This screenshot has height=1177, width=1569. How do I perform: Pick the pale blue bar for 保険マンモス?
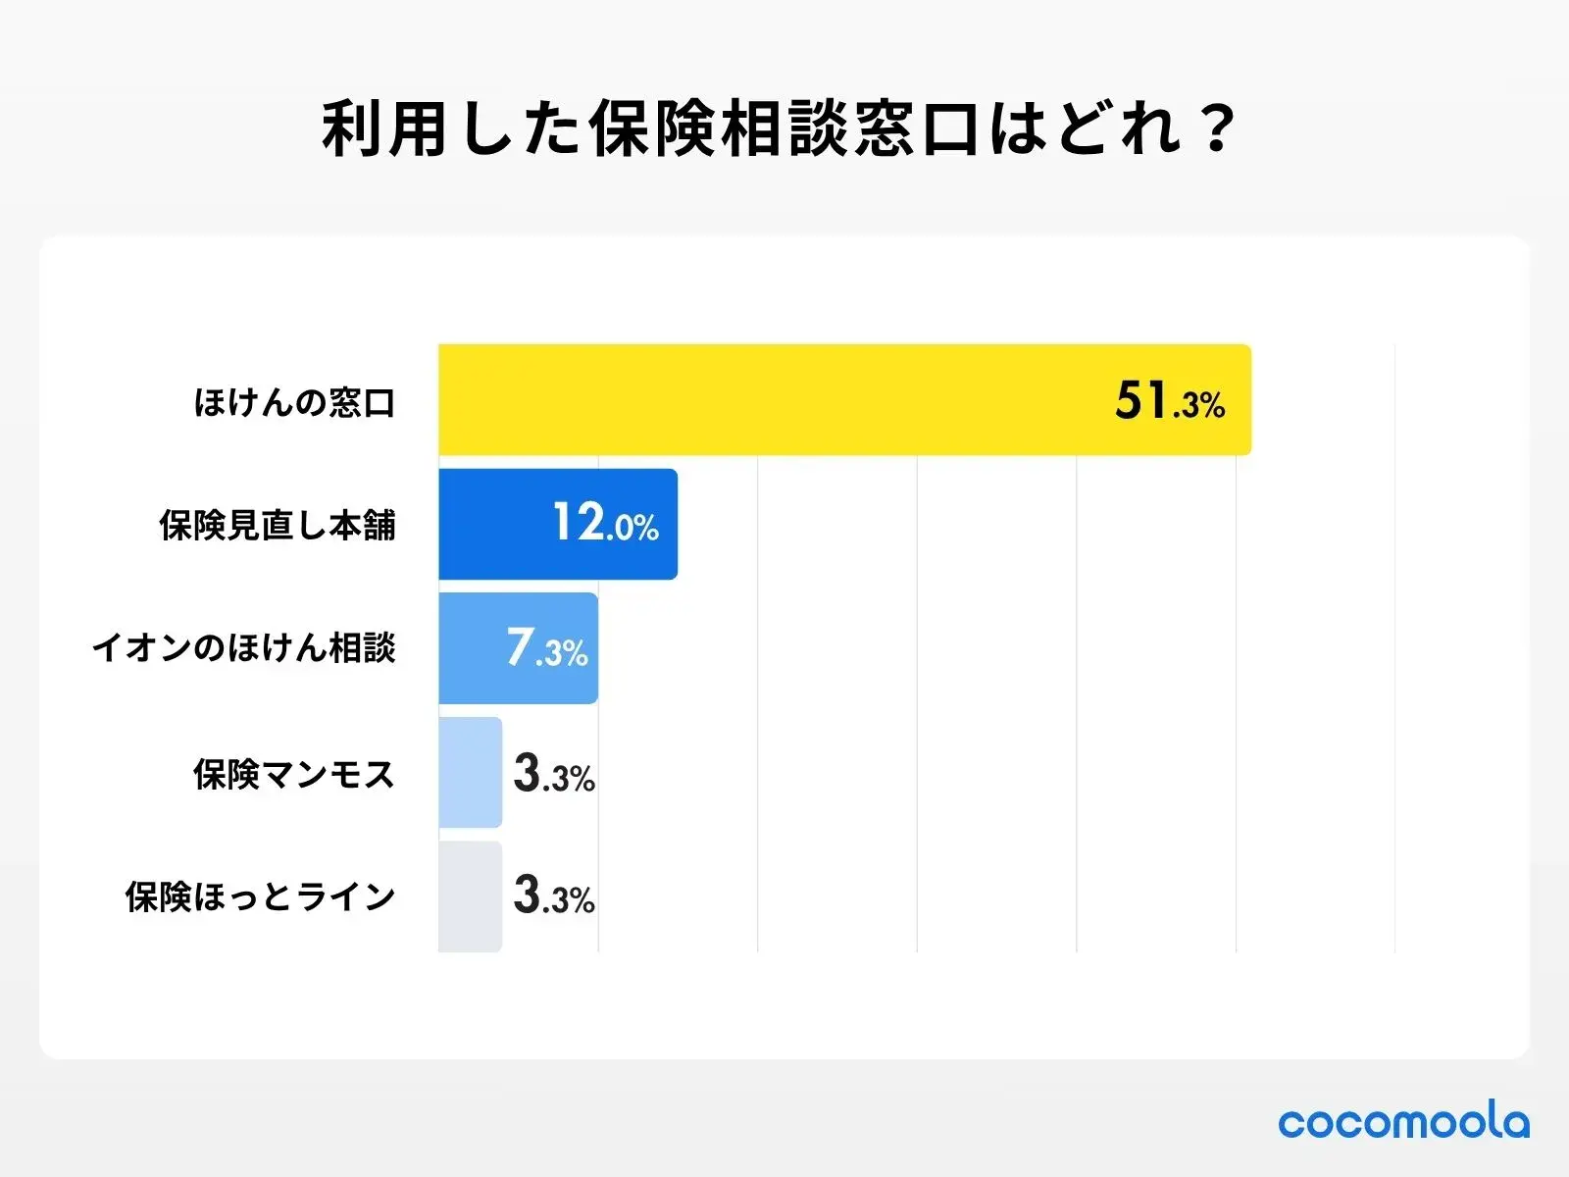click(470, 772)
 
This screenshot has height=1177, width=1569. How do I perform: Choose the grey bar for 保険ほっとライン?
click(470, 896)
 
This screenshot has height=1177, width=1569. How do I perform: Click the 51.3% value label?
click(1169, 402)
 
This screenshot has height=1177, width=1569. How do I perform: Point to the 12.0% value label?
click(605, 524)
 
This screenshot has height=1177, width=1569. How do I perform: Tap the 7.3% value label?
click(546, 648)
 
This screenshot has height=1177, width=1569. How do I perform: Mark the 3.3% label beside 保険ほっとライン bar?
click(554, 896)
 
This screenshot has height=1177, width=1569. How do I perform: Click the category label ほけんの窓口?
click(294, 402)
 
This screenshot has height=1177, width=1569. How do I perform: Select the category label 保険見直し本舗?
click(278, 526)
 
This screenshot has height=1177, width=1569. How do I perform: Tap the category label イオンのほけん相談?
click(243, 648)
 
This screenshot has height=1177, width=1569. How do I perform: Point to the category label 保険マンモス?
click(294, 774)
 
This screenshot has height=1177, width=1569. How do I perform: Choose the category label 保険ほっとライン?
click(260, 896)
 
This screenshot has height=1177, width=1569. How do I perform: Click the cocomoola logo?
click(1403, 1122)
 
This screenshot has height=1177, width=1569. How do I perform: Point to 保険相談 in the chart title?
click(719, 128)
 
